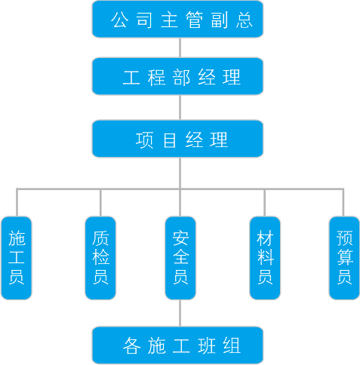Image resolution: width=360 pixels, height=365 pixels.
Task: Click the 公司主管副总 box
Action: click(x=177, y=19)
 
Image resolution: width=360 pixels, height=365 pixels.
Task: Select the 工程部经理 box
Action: click(x=177, y=76)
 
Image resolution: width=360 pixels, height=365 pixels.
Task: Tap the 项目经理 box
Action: click(x=177, y=139)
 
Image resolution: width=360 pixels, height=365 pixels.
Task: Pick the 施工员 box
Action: click(x=17, y=258)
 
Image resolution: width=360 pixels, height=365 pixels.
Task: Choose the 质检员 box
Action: click(x=100, y=258)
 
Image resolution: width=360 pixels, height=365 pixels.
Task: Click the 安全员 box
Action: click(x=180, y=258)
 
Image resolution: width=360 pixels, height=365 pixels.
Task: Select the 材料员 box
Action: click(x=265, y=258)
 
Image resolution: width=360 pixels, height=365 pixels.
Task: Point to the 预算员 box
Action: click(x=344, y=258)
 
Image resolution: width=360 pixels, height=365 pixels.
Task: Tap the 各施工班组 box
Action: click(x=177, y=345)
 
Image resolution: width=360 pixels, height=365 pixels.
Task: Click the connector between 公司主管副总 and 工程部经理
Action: click(x=180, y=48)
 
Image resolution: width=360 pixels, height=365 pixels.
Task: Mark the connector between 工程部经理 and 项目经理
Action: click(x=180, y=108)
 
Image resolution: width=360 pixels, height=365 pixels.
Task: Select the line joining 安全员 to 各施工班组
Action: click(x=180, y=313)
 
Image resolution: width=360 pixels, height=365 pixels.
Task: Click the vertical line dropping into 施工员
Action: click(x=17, y=202)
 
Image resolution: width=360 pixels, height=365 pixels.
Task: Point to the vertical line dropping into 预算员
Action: click(x=343, y=202)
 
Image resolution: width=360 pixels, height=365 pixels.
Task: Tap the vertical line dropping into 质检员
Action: click(x=100, y=202)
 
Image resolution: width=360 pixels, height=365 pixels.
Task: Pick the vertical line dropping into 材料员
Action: click(x=264, y=202)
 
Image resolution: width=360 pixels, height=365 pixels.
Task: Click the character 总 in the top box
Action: click(x=245, y=20)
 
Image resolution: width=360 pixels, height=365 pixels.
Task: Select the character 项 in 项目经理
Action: click(x=144, y=140)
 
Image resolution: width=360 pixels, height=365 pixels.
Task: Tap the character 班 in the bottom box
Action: click(x=207, y=346)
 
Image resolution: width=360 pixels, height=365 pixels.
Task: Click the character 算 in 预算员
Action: click(x=345, y=257)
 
